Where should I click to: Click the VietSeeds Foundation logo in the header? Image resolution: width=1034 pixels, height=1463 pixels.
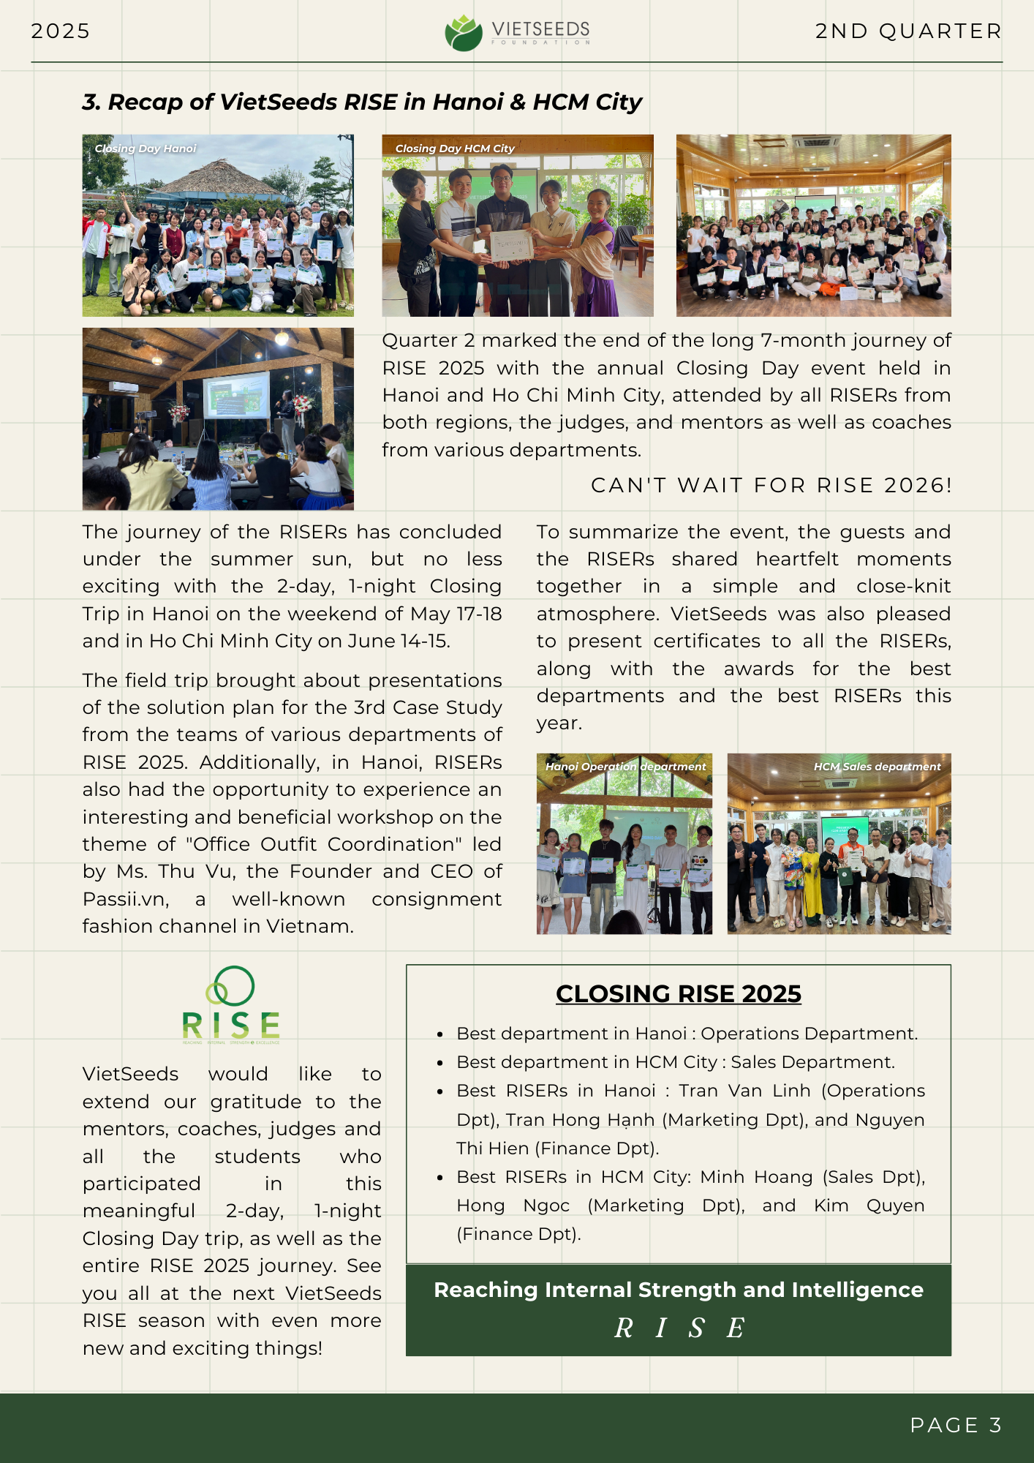coord(516,32)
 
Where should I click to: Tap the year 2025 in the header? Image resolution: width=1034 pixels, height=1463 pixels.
coord(61,31)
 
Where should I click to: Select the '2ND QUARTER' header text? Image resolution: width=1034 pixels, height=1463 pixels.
coord(908,31)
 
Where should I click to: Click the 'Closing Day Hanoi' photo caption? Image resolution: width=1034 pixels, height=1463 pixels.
coord(146,148)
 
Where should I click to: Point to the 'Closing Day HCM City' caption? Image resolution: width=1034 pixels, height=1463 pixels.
coord(455,148)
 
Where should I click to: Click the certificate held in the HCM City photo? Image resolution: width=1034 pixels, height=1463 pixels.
coord(510,246)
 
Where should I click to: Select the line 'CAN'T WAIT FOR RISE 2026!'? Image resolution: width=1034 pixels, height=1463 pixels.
coord(771,485)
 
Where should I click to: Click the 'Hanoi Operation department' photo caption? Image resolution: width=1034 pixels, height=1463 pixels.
coord(625,767)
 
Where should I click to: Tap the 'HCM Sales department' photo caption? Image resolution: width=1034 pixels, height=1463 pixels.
coord(877,767)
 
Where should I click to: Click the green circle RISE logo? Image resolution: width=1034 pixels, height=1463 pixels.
coord(231,1004)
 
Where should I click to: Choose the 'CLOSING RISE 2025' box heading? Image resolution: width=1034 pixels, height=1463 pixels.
coord(678,993)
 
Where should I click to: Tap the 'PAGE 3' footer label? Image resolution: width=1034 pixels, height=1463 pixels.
coord(955,1425)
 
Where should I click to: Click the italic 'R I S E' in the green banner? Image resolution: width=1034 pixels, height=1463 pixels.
coord(679,1328)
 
